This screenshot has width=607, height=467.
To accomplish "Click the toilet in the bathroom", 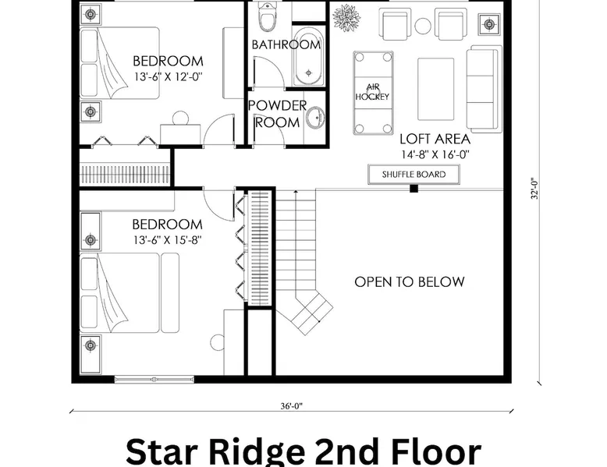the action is tap(266, 16).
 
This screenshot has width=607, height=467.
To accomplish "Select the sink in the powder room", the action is tap(315, 117).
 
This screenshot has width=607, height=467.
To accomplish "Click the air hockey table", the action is tap(373, 93).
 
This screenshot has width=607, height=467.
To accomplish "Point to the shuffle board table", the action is tap(414, 175).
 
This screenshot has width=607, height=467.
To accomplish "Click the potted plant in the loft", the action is tap(346, 17).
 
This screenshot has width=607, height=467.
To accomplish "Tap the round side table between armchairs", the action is tap(423, 26).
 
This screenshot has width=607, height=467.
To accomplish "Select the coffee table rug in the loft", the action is tap(436, 90).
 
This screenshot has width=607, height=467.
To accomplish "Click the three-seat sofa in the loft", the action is tap(485, 89).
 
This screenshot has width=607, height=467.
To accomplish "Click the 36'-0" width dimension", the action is tap(292, 406).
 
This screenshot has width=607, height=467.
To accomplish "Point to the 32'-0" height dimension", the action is tap(534, 189).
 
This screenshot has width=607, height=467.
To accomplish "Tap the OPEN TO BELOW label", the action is tap(410, 282).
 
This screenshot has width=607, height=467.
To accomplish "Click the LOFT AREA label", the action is tap(435, 139).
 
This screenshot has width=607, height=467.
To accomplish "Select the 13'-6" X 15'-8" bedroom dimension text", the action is tap(167, 240).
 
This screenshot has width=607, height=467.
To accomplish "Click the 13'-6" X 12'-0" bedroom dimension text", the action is tap(169, 76).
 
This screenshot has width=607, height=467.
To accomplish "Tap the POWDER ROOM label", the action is tap(278, 114).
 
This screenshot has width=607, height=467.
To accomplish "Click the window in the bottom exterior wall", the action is tap(154, 380).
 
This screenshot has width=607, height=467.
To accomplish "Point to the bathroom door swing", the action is tap(269, 73).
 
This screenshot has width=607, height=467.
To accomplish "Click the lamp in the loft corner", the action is tap(489, 24).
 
